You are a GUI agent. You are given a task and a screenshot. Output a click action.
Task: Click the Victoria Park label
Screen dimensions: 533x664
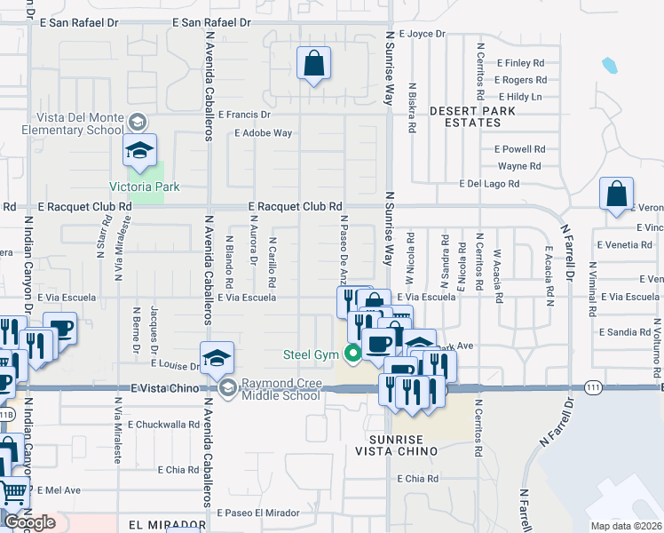point(144,187)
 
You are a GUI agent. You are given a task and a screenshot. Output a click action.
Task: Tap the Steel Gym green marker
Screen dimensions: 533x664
point(353,354)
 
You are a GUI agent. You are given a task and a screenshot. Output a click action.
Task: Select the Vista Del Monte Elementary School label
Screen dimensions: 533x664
point(79,123)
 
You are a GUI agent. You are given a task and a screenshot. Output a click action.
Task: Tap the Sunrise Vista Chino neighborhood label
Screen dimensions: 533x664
point(402,445)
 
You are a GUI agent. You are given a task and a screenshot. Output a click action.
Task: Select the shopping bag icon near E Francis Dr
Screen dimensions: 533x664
point(313,63)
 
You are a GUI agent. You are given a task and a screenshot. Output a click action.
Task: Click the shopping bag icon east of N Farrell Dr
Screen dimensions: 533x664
point(616,195)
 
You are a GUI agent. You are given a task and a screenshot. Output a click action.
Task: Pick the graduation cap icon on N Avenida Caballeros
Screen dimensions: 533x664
point(217,358)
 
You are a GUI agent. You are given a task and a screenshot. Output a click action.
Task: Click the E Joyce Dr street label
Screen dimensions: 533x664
point(422,34)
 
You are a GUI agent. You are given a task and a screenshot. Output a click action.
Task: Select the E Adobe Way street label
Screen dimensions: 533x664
point(263,133)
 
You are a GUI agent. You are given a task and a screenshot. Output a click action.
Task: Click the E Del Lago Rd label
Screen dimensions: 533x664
point(489,184)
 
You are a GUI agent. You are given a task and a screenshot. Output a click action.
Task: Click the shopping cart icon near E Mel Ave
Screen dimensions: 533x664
point(14,489)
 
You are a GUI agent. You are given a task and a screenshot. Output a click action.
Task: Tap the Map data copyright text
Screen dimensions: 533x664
point(626,526)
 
